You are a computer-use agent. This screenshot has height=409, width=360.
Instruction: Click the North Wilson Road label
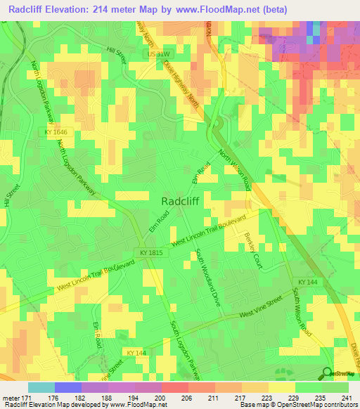click(x=235, y=170)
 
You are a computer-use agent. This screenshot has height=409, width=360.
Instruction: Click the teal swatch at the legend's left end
click(x=41, y=387)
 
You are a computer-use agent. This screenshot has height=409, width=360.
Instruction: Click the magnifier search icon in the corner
click(x=328, y=375)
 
